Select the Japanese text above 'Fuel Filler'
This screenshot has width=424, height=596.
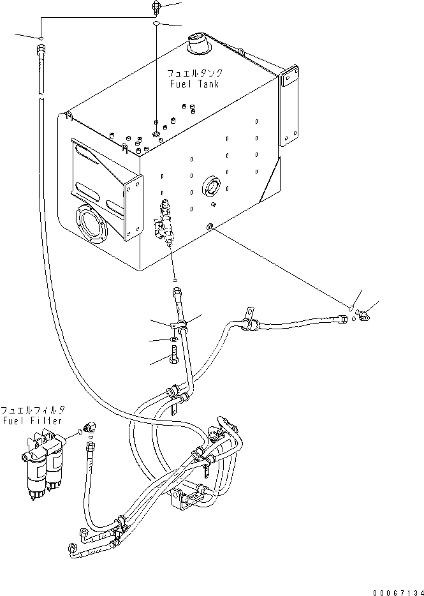click(33, 410)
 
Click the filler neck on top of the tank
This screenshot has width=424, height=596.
click(199, 47)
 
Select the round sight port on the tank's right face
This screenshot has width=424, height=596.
click(210, 188)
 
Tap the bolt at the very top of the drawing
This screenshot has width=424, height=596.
click(155, 7)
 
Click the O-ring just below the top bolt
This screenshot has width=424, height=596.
click(156, 24)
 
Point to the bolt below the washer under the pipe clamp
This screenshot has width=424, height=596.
click(175, 361)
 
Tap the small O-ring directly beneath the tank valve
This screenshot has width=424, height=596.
click(175, 279)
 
